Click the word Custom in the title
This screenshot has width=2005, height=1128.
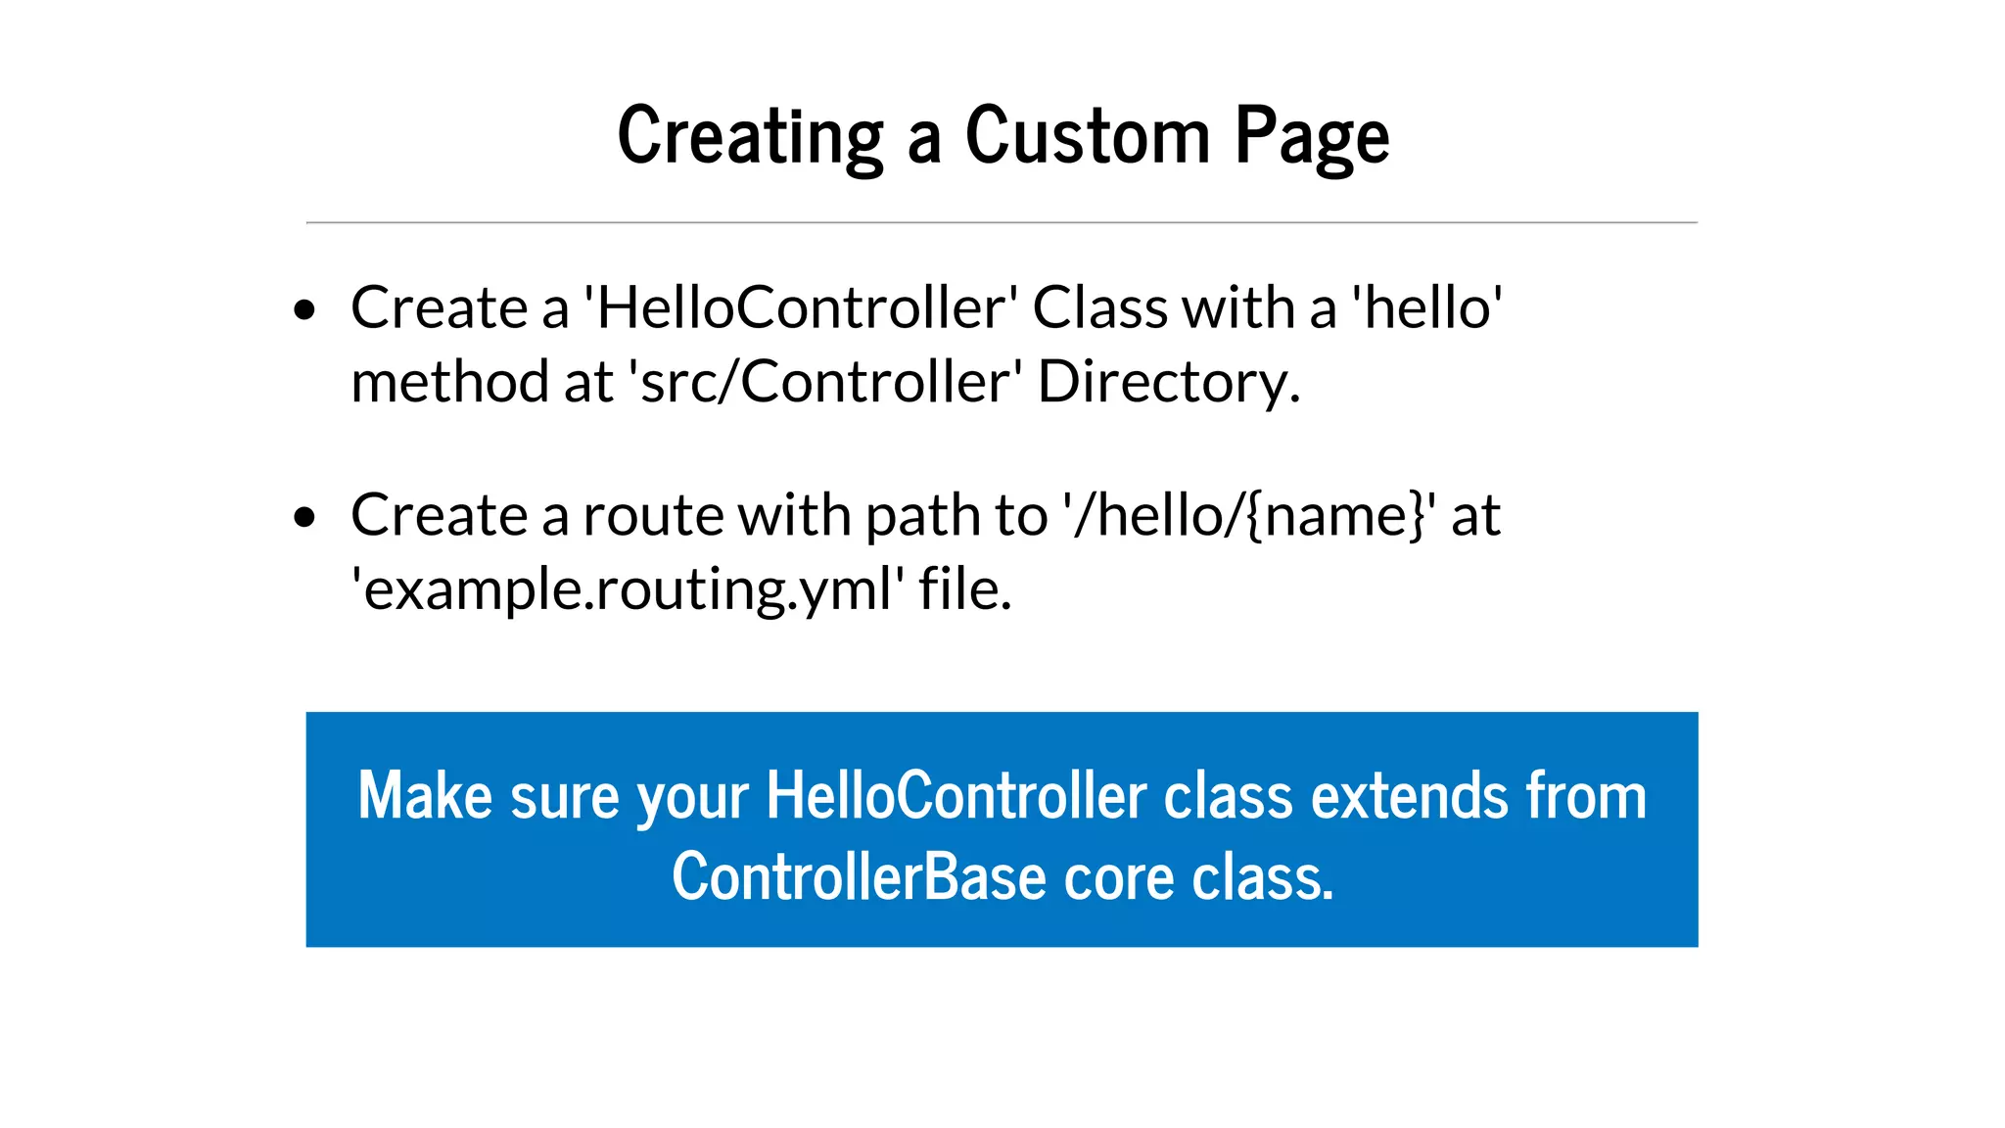tap(1088, 136)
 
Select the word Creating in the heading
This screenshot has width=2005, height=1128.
tap(750, 138)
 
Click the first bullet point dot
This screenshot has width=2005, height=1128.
tap(304, 310)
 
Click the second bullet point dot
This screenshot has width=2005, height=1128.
tap(304, 517)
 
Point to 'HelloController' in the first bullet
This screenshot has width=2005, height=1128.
tap(800, 308)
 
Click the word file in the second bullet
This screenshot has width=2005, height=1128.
tap(962, 589)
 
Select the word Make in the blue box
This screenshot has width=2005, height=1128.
tap(424, 795)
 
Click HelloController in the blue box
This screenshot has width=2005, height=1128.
tap(956, 795)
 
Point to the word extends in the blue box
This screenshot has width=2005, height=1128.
tap(1410, 795)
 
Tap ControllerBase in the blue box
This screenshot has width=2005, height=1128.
tap(860, 877)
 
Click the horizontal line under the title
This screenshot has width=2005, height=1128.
tap(1002, 223)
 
